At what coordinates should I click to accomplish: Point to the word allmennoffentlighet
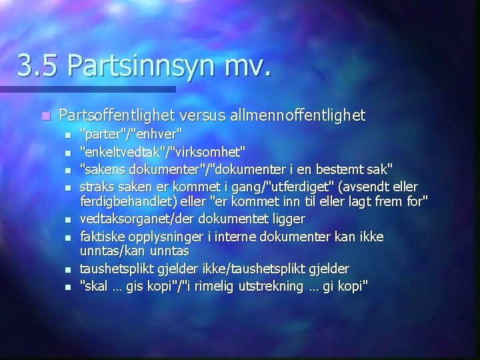point(298,115)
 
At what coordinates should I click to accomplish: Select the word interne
point(236,237)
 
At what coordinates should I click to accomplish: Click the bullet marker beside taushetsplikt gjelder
point(67,269)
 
